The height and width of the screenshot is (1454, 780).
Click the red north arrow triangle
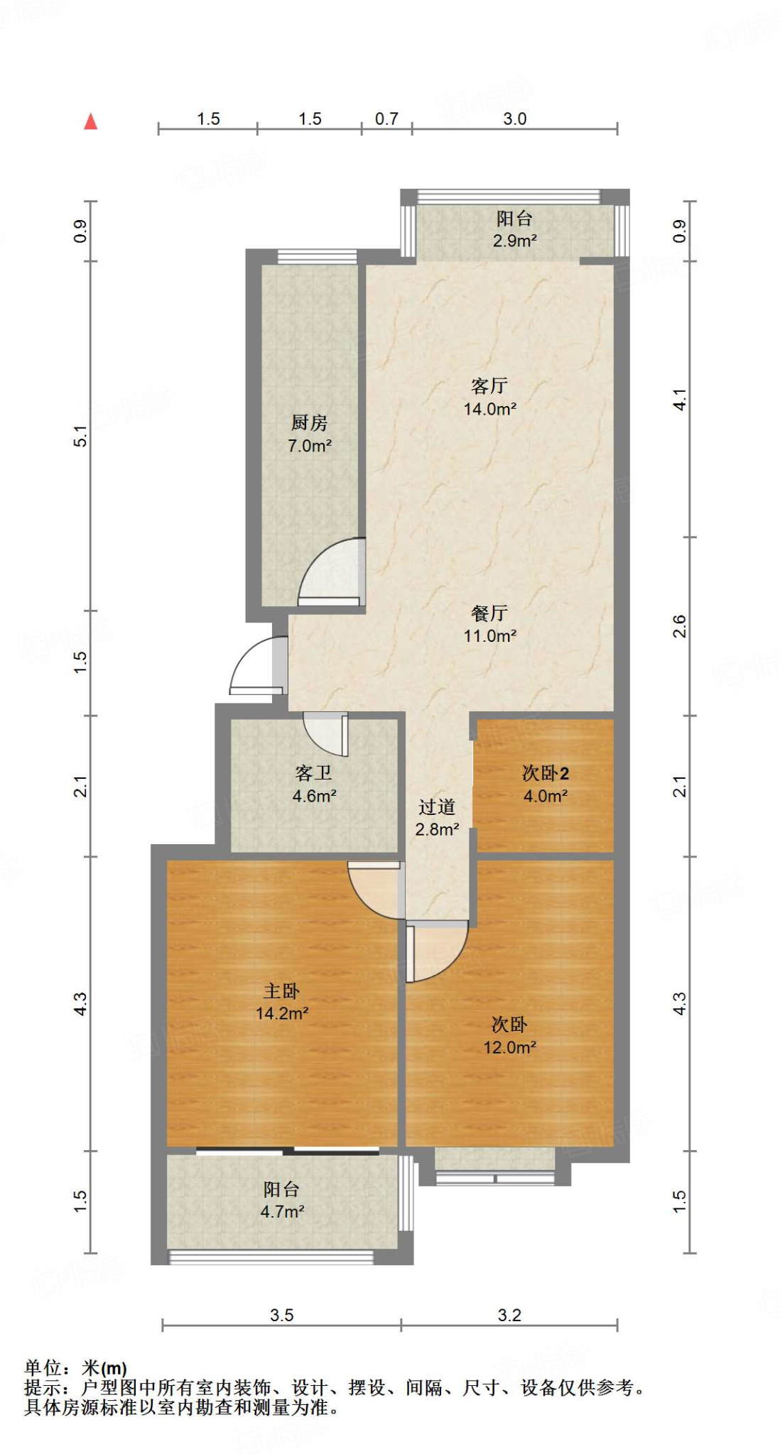(90, 121)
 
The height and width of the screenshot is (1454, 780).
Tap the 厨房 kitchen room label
(310, 422)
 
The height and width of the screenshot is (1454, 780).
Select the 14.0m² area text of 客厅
(489, 409)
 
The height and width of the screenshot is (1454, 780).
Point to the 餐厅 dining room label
(489, 613)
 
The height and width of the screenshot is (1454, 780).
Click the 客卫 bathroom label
(314, 772)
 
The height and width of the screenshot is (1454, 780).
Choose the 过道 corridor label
(437, 807)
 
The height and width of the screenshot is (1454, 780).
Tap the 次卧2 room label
(546, 772)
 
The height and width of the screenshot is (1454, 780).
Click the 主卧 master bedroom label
(281, 990)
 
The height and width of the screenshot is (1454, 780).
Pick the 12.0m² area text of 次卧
(509, 1047)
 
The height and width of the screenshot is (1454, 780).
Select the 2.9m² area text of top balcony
(514, 241)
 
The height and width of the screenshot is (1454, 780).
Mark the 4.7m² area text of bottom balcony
(282, 1212)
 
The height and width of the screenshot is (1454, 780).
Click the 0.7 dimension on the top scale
(386, 119)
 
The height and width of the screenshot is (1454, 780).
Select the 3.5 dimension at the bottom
(281, 1315)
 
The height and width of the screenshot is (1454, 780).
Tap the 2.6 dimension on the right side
(679, 626)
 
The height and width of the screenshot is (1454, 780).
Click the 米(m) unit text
(104, 1367)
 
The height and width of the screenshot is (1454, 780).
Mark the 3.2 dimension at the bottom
(509, 1315)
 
